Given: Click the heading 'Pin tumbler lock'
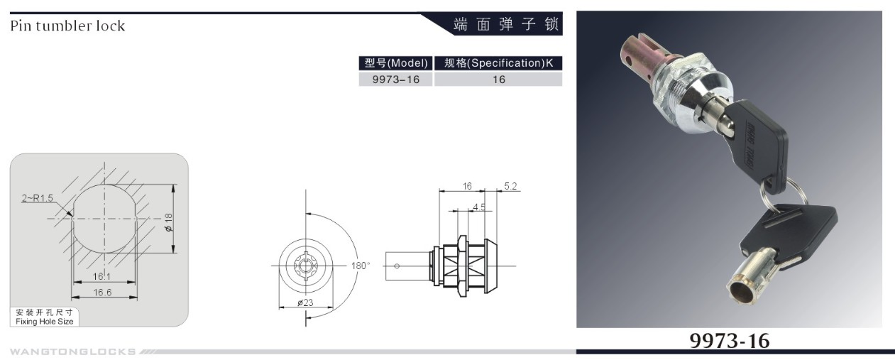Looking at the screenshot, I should click(67, 26).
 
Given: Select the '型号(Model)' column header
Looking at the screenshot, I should click(395, 63).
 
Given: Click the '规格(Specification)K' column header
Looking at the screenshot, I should click(498, 63).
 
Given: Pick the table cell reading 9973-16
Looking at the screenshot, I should click(395, 80).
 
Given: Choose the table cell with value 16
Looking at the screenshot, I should click(498, 80).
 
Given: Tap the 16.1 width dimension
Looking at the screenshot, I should click(102, 275).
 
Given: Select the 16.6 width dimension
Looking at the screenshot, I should click(102, 292).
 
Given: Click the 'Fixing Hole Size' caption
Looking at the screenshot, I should click(44, 322).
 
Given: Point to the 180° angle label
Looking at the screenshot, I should click(361, 266).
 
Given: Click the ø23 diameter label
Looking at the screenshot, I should click(305, 302).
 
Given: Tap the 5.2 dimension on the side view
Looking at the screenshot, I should click(510, 186).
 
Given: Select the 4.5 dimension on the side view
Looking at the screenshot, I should click(479, 207).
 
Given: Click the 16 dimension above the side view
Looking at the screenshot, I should click(466, 186).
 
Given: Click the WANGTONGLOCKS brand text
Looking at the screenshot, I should click(73, 351).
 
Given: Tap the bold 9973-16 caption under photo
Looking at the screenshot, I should click(729, 341).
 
